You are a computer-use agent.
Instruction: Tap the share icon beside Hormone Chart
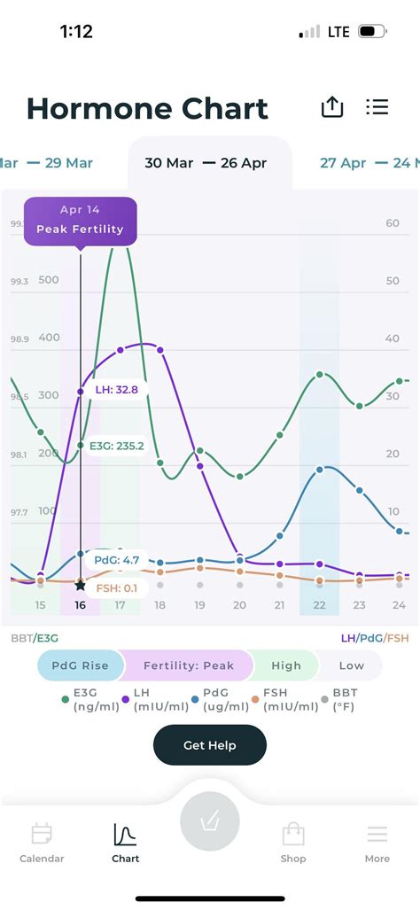[332, 107]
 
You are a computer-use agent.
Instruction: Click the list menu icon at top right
[377, 107]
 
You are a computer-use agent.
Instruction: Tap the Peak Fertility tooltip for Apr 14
[80, 222]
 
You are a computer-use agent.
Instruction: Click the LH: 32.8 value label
[117, 389]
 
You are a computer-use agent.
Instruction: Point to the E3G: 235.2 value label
[117, 447]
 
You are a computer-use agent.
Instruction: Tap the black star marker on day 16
[80, 586]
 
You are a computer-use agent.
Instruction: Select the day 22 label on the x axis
[319, 605]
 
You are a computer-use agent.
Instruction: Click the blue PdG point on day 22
[320, 470]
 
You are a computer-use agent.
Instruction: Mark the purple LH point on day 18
[160, 350]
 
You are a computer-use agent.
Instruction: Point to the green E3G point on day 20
[239, 477]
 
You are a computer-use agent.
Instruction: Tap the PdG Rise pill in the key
[81, 665]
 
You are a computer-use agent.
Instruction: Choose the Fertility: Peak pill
[189, 665]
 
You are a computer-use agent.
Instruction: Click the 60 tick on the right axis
[393, 223]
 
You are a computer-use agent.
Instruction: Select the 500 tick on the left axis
[49, 280]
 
